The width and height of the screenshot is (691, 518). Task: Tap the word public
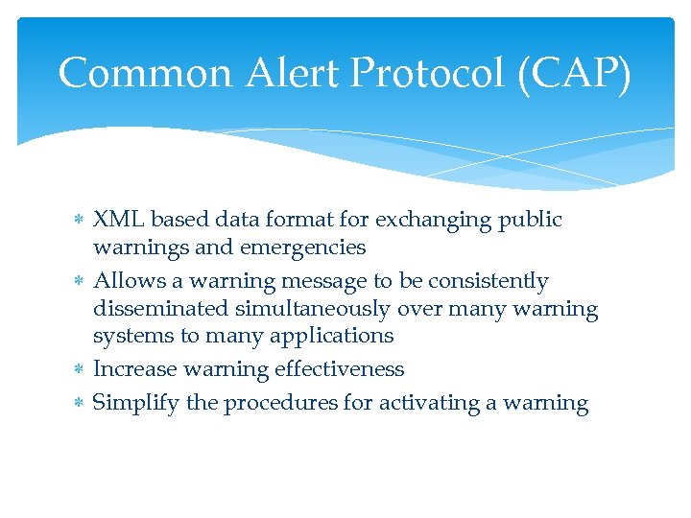point(531,220)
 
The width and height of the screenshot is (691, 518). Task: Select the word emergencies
point(302,247)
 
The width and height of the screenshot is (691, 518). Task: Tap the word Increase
point(133,369)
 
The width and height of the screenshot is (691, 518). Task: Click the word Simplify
point(136,403)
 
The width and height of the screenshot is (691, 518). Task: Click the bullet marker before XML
point(79,221)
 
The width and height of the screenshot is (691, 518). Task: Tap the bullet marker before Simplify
point(79,404)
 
